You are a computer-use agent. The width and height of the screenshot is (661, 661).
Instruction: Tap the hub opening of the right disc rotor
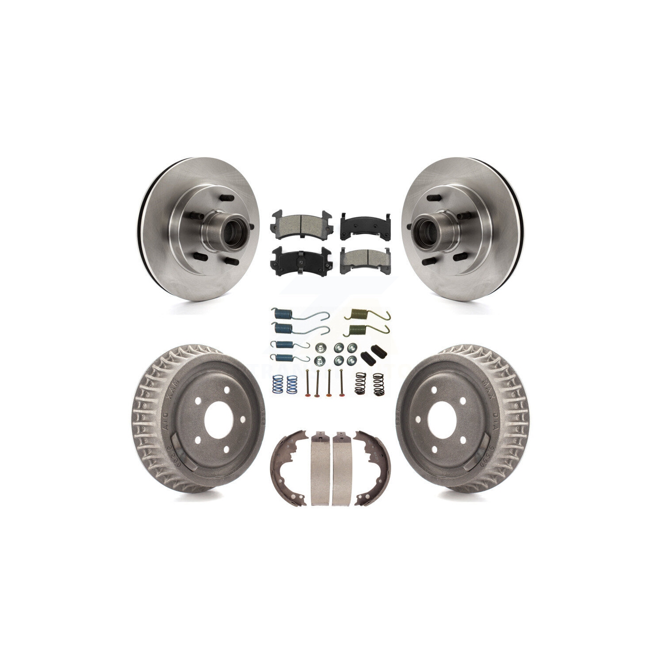pos(425,228)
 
